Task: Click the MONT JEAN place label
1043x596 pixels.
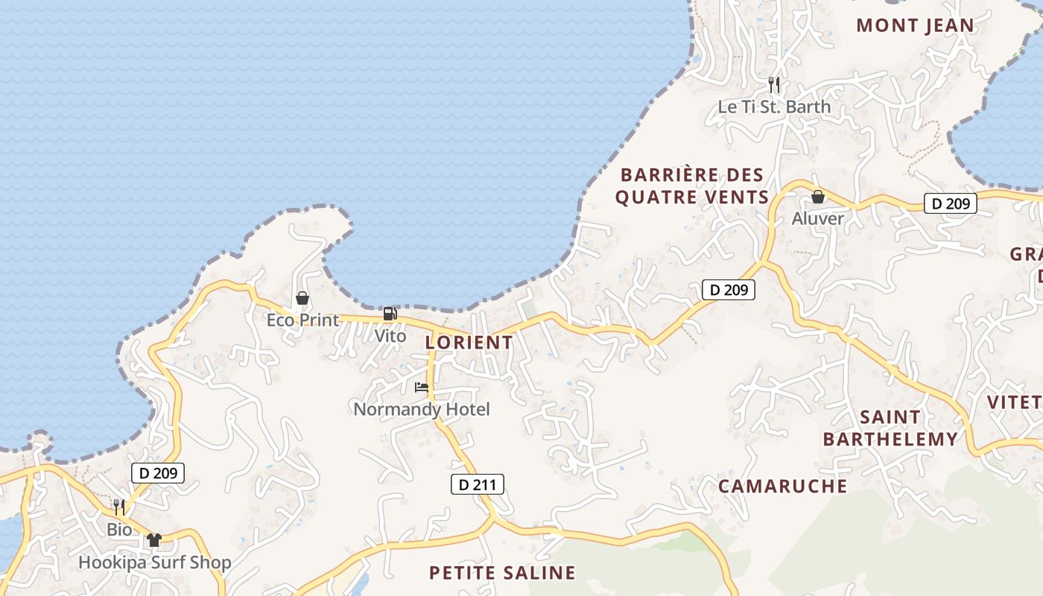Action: coord(915,25)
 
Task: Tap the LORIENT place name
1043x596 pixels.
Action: coord(469,343)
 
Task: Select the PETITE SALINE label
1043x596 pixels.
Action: coord(502,573)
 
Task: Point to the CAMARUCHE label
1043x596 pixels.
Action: coord(782,486)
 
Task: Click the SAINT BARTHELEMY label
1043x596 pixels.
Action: coord(890,428)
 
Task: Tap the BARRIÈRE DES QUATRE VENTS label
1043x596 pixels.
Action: coord(693,186)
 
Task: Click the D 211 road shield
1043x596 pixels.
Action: coord(478,485)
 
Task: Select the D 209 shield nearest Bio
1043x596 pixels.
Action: coord(158,473)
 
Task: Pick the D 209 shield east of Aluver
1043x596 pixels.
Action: coord(950,203)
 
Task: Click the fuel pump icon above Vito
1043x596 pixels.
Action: coord(390,314)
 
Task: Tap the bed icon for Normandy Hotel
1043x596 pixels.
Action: coord(422,387)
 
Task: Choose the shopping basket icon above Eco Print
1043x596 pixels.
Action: coord(302,299)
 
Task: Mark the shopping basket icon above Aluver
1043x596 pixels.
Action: coord(818,197)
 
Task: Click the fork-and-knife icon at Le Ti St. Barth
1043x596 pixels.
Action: coord(774,85)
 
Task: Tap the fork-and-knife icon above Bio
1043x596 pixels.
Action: coord(119,507)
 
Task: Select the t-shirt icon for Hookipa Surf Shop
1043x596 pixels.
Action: coord(154,540)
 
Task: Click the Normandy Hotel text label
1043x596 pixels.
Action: coord(422,409)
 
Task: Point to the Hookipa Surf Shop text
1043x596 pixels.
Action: coord(155,562)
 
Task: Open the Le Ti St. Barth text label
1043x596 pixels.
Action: coord(774,107)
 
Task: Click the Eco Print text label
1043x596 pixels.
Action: coord(302,320)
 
